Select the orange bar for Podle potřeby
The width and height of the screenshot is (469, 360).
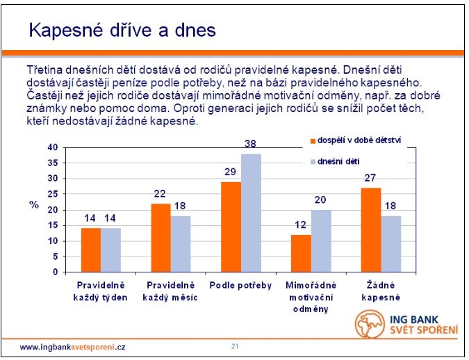click(x=231, y=227)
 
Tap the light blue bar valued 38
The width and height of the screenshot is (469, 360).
click(x=251, y=213)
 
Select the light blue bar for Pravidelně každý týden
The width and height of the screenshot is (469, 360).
click(x=110, y=250)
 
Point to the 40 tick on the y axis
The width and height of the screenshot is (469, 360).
click(x=53, y=147)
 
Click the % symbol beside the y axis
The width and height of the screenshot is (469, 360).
click(x=33, y=204)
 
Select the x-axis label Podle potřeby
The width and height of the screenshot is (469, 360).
click(x=240, y=286)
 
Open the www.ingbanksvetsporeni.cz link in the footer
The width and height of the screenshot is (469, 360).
click(x=72, y=346)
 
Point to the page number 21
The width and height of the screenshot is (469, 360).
click(x=235, y=345)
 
